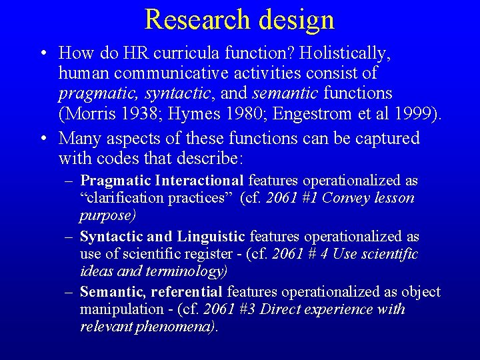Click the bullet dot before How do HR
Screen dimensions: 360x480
(x=42, y=53)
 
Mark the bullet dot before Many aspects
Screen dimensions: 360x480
(x=42, y=139)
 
